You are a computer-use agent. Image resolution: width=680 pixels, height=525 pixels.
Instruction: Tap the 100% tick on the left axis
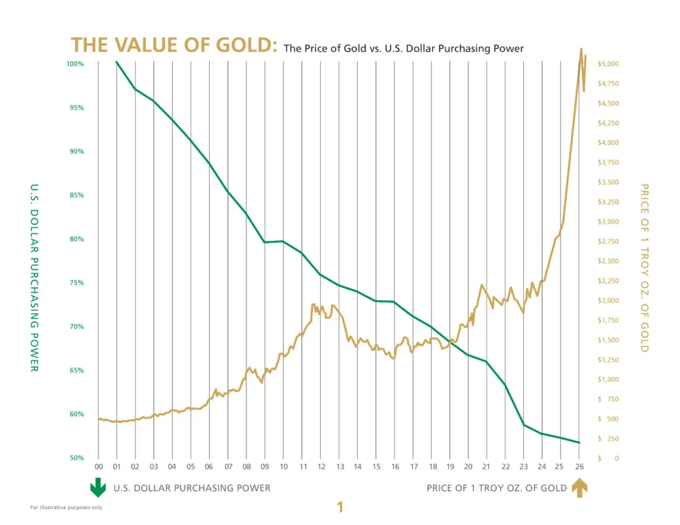pos(76,64)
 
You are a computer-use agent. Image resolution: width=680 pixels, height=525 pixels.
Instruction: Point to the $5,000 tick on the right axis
pos(608,64)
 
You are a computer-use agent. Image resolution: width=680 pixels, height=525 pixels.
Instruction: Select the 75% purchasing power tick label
pos(77,283)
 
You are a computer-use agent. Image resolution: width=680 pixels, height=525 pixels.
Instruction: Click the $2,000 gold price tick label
pos(608,301)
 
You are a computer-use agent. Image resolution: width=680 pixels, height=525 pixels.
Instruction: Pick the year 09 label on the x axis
pos(264,466)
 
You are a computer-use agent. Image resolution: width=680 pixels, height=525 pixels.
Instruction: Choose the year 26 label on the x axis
pos(578,466)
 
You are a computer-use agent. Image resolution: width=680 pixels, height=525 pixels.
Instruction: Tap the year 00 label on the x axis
pos(98,466)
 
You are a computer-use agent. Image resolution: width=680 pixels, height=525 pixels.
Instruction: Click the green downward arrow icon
pos(98,488)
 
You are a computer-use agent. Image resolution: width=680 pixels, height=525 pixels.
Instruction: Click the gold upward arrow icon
pos(580,488)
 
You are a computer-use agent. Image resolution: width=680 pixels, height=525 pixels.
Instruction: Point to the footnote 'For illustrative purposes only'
pos(66,508)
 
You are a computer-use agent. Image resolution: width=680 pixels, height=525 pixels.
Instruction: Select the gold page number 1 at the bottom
pos(340,508)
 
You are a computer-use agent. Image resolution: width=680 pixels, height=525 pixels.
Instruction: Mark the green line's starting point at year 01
pos(117,62)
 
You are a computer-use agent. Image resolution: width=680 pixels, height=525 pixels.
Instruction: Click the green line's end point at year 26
pos(579,443)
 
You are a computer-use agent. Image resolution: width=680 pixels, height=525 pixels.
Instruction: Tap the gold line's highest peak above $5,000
pos(581,48)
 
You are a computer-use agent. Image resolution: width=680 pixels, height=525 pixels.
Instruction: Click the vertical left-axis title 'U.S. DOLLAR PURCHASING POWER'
pos(35,277)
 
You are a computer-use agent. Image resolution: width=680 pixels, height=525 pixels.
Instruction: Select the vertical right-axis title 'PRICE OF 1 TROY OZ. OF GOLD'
pos(643,267)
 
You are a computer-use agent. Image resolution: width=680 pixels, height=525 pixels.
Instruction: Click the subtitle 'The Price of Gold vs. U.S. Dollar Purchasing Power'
pos(404,48)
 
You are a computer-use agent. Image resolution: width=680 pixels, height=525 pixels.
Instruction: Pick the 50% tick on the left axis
pos(77,458)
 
